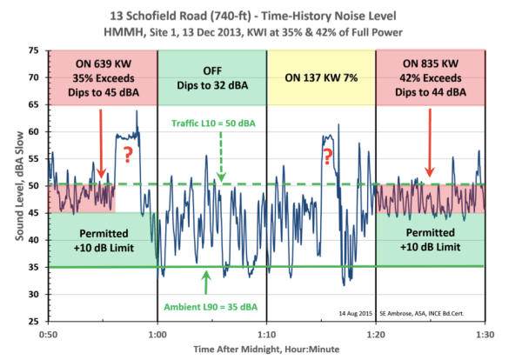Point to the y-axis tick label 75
coord(33,50)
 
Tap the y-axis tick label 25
coord(33,321)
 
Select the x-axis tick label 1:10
coord(267,332)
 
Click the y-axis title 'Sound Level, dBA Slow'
coord(12,185)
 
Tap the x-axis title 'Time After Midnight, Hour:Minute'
coord(266,350)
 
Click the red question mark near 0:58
coord(127,155)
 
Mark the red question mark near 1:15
coord(328,157)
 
